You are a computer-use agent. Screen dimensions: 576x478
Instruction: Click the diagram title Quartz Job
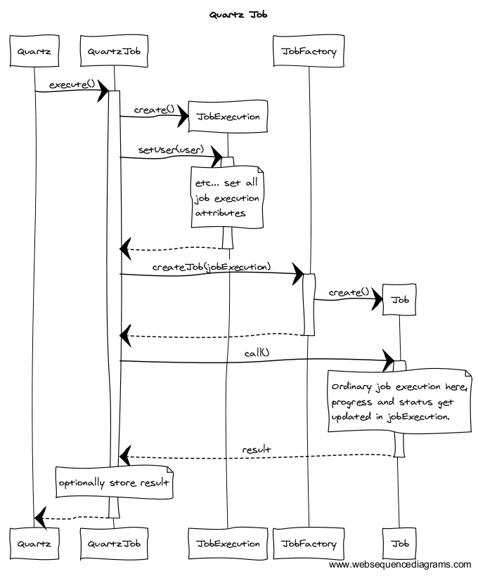[238, 14]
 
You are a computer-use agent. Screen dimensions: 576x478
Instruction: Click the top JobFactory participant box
[309, 51]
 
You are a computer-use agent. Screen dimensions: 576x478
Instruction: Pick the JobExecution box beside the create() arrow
[228, 117]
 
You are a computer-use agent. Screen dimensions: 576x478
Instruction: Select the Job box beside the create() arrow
[400, 300]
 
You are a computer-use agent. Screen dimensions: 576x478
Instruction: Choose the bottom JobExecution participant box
[228, 543]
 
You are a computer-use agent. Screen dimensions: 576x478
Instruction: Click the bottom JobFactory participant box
[309, 543]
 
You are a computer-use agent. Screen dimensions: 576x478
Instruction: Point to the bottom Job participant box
[400, 543]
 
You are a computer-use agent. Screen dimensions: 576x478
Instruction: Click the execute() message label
[72, 84]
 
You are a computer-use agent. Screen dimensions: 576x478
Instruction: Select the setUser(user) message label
[170, 150]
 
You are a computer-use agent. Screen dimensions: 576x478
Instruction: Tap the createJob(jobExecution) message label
[212, 267]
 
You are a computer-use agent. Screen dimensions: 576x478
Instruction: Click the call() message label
[257, 353]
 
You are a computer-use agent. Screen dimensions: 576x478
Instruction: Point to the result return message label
[257, 449]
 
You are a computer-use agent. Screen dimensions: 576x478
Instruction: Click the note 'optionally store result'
[115, 483]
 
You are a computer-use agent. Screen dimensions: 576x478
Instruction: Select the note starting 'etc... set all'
[226, 197]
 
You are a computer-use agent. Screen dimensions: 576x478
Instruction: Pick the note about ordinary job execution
[399, 401]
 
